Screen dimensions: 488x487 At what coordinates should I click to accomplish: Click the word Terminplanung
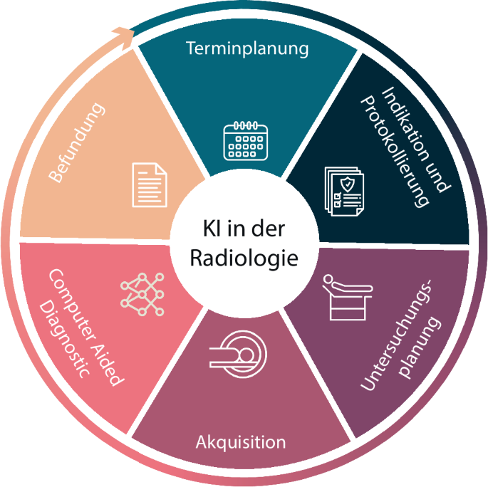pos(247,49)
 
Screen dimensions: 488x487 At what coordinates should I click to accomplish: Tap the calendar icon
pos(246,141)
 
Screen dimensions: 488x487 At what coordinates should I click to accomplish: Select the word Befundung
pos(76,142)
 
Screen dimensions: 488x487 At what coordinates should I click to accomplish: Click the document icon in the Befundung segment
pos(150,184)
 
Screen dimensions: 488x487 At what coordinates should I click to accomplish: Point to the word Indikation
pos(407,124)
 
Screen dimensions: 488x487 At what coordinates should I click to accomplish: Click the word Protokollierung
pos(395,152)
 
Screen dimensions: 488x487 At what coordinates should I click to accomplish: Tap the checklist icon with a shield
pos(344,192)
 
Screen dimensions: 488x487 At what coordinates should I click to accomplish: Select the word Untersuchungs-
pos(397,335)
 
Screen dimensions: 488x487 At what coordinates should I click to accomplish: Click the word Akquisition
pos(241,442)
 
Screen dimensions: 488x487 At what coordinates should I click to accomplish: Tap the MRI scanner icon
pos(239,354)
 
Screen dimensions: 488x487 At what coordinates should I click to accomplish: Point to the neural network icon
pos(142,294)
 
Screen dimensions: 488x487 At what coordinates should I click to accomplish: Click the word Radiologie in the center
pos(244,258)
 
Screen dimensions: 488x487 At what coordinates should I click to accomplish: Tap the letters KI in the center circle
pos(212,229)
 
